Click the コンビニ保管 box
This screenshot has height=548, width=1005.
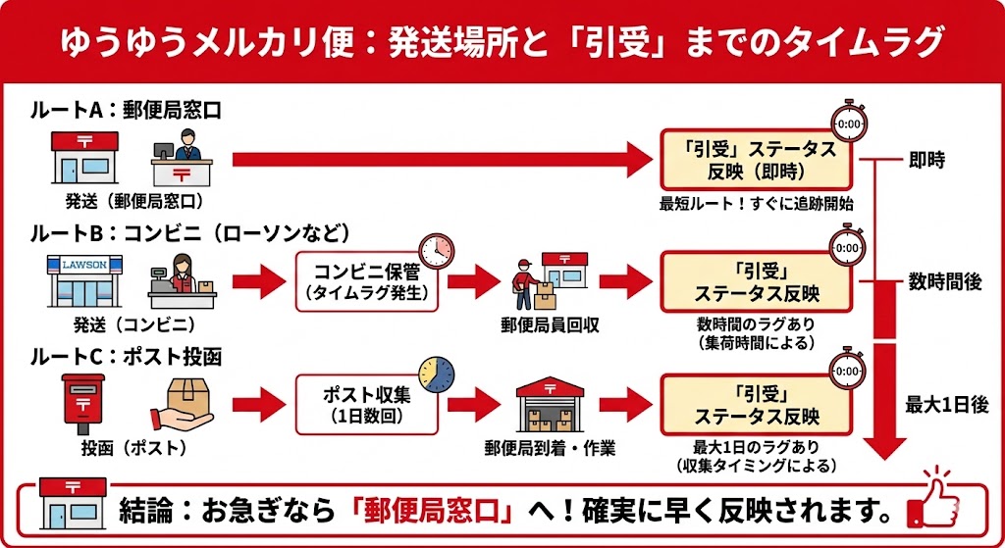click(367, 280)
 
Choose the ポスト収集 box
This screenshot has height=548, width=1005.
click(367, 404)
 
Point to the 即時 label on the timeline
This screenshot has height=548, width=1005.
click(926, 160)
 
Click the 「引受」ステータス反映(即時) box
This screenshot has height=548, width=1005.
click(755, 160)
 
